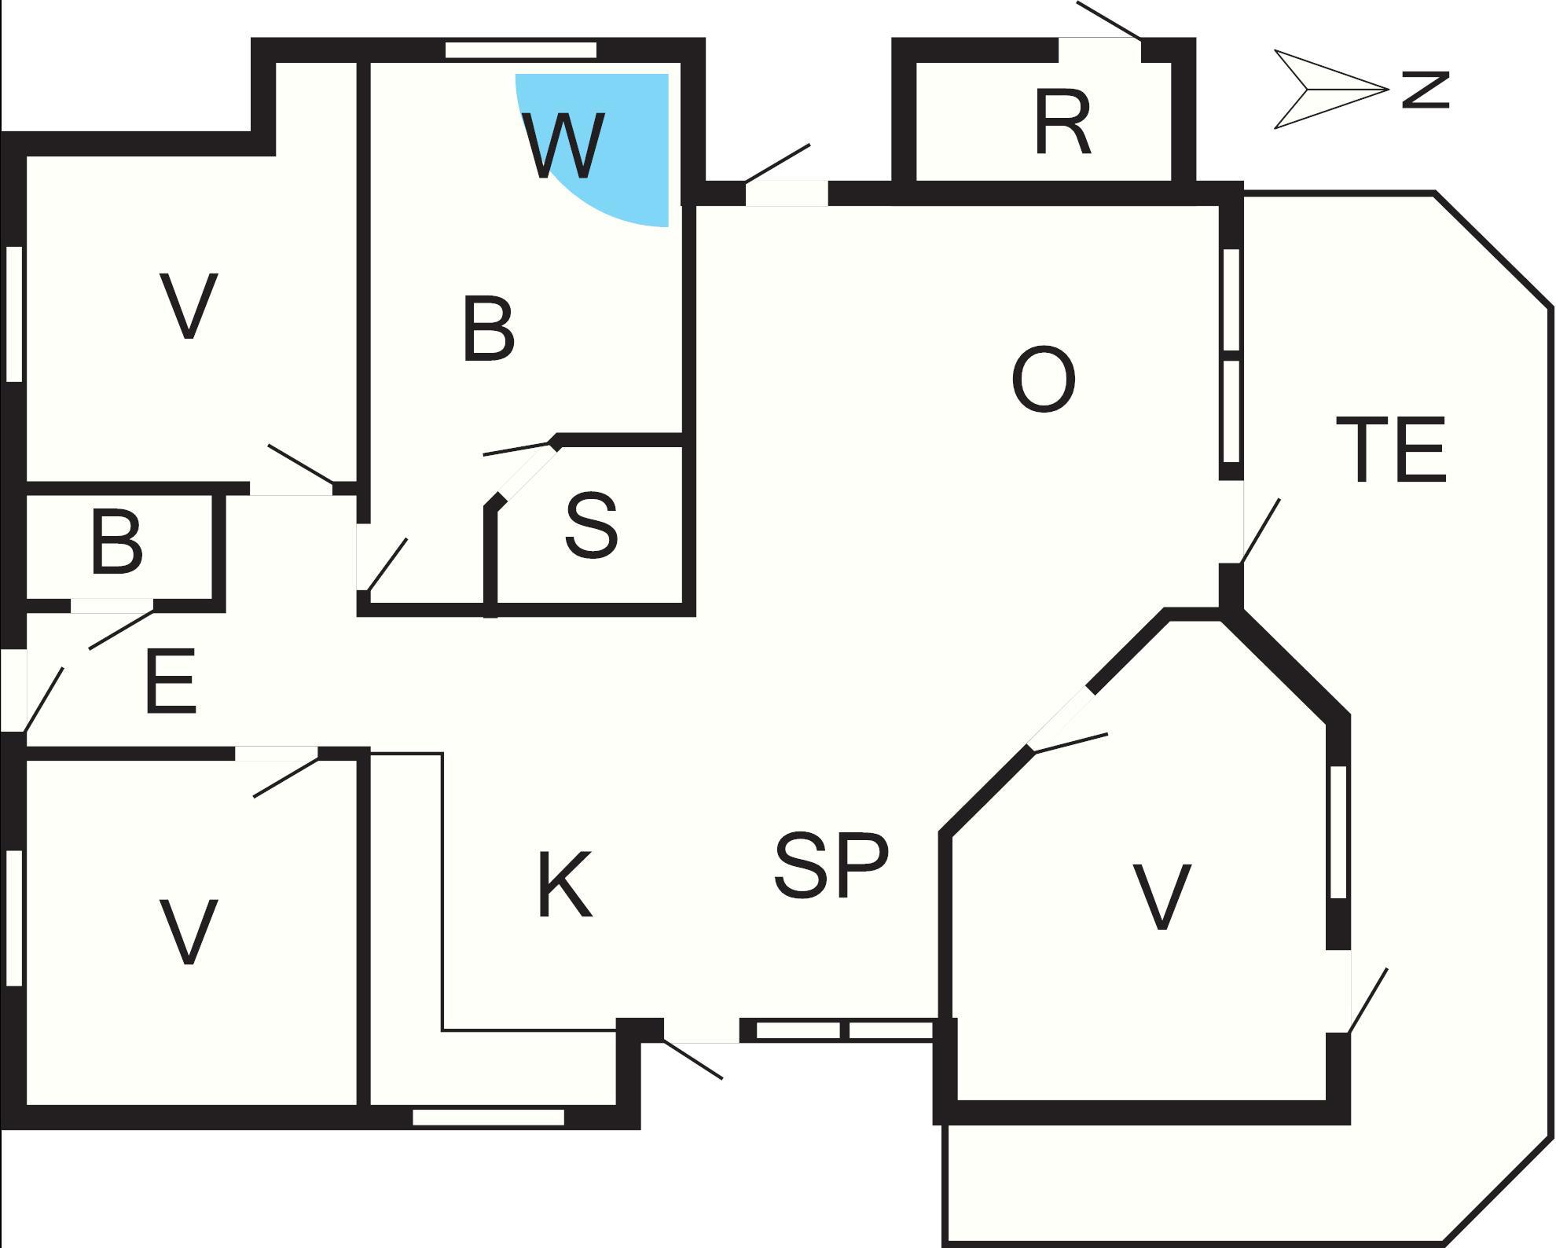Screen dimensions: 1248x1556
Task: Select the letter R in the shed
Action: coord(1062,123)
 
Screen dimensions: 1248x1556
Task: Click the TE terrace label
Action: coord(1390,450)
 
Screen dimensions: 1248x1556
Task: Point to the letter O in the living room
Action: coord(1044,380)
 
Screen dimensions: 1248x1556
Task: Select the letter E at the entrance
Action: coord(171,681)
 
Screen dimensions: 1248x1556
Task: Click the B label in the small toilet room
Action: coord(116,542)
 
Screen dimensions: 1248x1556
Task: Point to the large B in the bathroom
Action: coord(488,329)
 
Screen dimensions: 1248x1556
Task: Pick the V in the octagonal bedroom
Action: coord(1161,897)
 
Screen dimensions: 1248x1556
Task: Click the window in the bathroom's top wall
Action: coord(521,50)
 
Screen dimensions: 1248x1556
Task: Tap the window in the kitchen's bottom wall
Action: coord(488,1117)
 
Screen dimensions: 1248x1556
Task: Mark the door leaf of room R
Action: coord(1108,20)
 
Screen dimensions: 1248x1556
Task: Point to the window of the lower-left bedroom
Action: coord(13,917)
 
